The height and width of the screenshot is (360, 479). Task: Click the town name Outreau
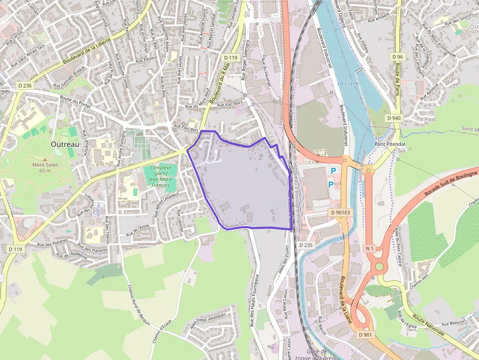[x=65, y=144]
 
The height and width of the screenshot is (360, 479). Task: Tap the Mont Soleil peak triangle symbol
[x=45, y=159]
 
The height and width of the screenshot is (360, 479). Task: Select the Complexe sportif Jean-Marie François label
[x=161, y=176]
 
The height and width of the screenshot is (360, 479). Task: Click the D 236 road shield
[x=24, y=85]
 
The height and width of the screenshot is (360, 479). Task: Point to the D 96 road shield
[x=397, y=57]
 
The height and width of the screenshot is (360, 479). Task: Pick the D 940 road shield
[x=393, y=118]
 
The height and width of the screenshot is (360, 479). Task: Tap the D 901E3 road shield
[x=340, y=212]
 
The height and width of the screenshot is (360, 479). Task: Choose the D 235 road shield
[x=305, y=245]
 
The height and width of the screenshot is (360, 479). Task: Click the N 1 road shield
[x=370, y=249]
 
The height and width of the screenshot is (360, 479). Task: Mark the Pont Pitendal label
[x=390, y=144]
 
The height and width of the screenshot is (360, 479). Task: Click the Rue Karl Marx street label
[x=230, y=104]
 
